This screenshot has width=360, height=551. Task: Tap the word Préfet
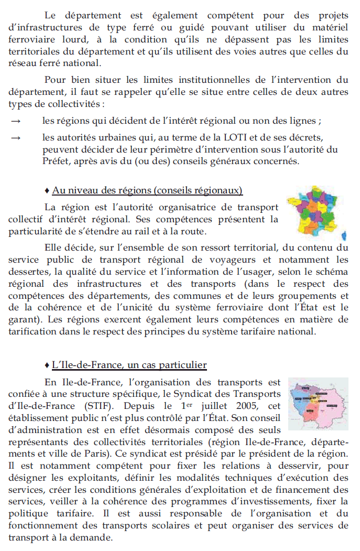(57, 161)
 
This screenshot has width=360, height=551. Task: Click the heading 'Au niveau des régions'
(147, 189)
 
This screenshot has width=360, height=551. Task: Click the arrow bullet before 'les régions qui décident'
(16, 121)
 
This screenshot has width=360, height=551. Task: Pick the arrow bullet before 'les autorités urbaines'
(16, 138)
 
